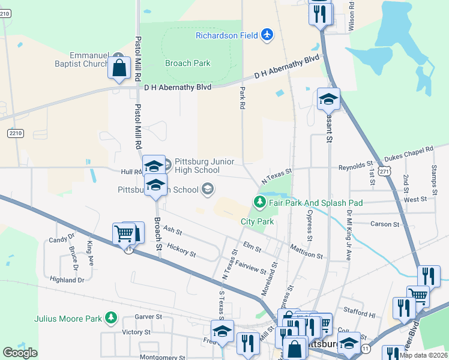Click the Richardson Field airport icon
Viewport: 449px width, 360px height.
pos(268,35)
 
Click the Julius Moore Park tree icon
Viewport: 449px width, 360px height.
pos(110,317)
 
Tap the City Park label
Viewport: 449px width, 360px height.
pos(257,221)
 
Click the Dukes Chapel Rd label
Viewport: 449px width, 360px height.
pos(408,153)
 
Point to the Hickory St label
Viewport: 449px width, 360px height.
pos(181,250)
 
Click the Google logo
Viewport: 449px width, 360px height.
pos(20,353)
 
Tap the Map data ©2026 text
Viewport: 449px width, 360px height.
pos(423,355)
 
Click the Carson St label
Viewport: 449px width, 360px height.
pos(385,224)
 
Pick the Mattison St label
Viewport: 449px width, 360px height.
pos(306,251)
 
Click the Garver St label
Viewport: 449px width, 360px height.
pos(148,316)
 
